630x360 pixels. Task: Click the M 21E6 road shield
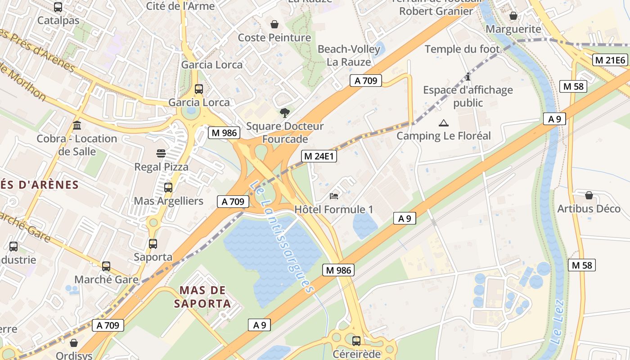tap(610, 60)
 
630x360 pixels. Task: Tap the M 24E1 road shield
tap(319, 156)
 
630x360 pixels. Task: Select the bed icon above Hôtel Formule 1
tap(334, 196)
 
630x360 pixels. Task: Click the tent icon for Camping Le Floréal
tap(444, 123)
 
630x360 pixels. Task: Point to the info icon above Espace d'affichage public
tap(468, 76)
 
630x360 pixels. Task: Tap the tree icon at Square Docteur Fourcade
tap(284, 112)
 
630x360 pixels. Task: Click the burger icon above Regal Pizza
tap(161, 153)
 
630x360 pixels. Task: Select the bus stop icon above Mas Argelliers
tap(168, 188)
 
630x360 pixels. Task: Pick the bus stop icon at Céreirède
tap(356, 341)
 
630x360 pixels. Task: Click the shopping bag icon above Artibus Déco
tap(589, 195)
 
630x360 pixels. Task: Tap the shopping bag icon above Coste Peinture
tap(274, 24)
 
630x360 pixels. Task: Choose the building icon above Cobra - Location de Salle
tap(77, 125)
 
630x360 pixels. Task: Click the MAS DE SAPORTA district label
tap(202, 297)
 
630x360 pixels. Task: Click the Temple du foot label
tap(462, 49)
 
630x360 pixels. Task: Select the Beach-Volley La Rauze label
tap(349, 55)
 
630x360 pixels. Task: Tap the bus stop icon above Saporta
tap(153, 244)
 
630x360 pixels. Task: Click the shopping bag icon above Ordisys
tap(74, 343)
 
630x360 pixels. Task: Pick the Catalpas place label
tap(58, 20)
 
